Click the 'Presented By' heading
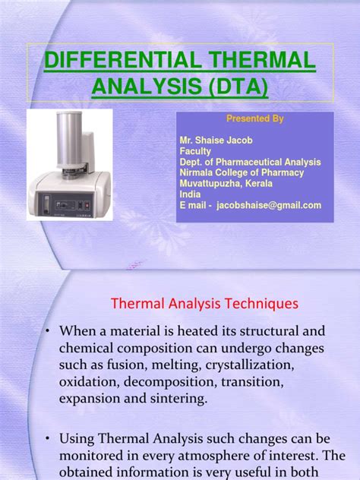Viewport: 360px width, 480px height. (254, 119)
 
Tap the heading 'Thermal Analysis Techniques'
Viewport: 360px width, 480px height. (205, 304)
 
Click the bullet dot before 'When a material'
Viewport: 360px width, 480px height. (47, 333)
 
